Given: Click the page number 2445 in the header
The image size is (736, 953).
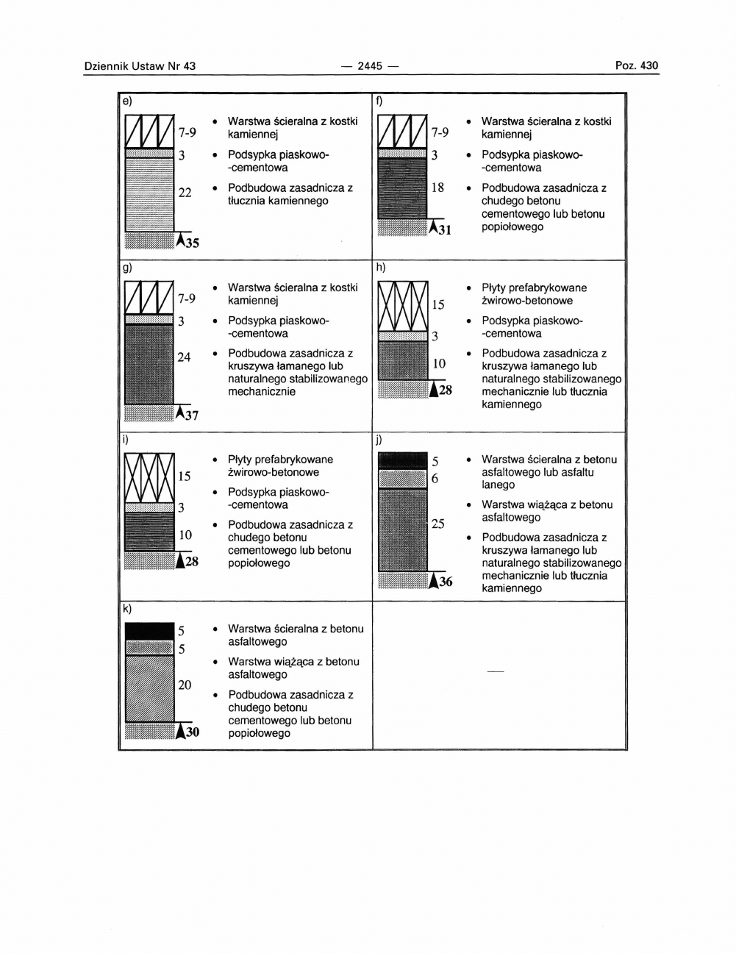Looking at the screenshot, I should [371, 66].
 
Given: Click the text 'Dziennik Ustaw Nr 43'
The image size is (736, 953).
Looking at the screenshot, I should [140, 66].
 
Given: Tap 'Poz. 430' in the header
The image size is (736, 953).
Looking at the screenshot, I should [637, 66].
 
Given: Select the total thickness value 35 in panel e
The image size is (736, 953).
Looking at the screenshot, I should [191, 243].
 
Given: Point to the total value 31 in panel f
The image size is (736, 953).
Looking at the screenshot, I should [443, 231].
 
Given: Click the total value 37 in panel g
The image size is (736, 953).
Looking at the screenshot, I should [191, 415].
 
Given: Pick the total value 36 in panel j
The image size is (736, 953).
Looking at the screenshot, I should [445, 582].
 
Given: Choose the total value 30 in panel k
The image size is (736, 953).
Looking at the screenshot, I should [192, 732].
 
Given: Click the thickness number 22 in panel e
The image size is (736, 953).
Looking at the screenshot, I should [185, 193].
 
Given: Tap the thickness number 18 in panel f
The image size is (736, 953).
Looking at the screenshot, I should [437, 188].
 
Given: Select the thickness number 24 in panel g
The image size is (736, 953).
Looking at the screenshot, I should [184, 357].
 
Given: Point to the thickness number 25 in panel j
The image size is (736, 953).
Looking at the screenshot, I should [438, 524].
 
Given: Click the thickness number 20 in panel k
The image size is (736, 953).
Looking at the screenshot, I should [185, 685].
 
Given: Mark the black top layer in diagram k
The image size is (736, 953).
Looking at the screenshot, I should [149, 631].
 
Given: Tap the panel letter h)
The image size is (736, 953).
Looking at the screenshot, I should [381, 268].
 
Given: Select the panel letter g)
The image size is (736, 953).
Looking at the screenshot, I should [127, 268].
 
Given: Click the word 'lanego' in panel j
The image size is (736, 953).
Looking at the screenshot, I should [499, 485].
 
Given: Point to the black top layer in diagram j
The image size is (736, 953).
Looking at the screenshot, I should [402, 461].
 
